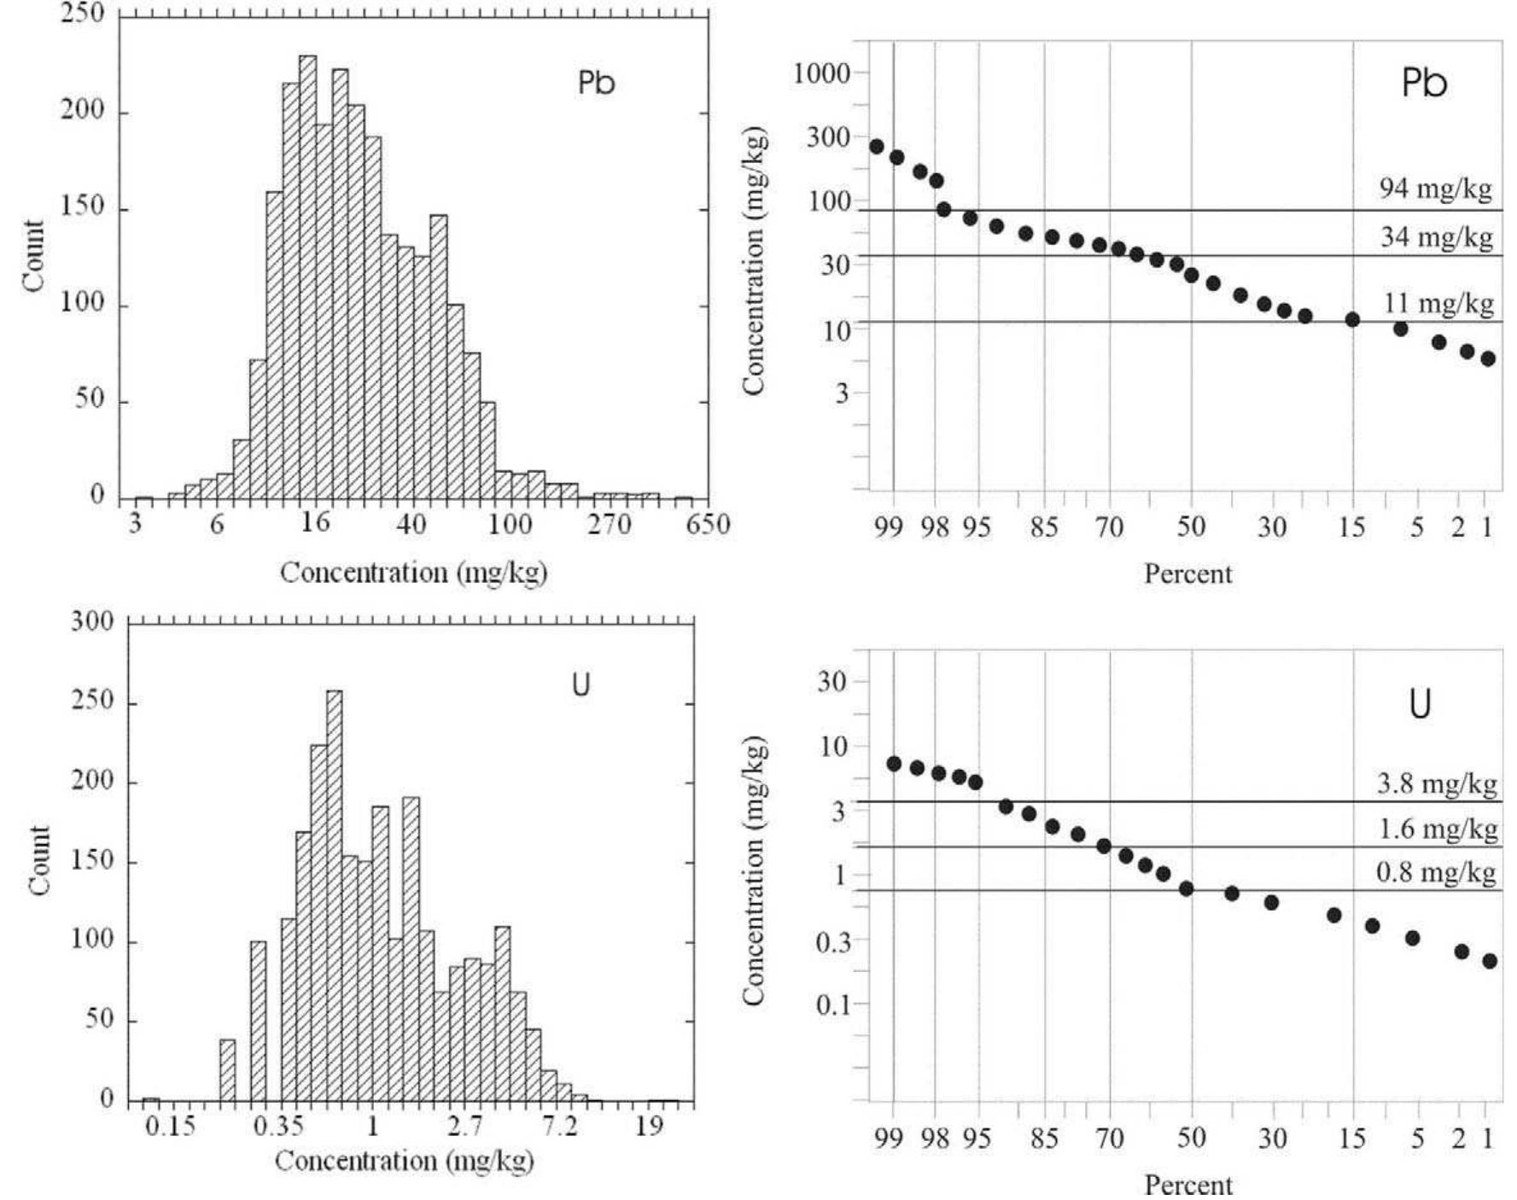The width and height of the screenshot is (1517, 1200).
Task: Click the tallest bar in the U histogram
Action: coord(335,896)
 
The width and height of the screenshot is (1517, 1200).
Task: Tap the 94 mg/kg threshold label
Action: coord(1436,188)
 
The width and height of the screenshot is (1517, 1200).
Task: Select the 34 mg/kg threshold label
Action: coord(1436,236)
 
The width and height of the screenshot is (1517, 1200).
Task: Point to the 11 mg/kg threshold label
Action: coord(1438,303)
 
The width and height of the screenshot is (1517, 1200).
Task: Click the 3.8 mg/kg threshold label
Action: coord(1437,783)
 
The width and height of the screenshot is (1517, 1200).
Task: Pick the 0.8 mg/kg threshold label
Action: coord(1436,872)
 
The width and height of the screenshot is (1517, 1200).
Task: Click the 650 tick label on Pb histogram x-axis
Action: coord(708,524)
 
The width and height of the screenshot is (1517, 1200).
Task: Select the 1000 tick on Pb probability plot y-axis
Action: coord(821,73)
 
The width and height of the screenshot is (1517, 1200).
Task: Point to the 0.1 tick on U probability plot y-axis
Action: coord(833,1005)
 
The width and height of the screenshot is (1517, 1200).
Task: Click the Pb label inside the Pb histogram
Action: coord(596,83)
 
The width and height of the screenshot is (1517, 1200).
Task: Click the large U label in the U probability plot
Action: coord(1419,705)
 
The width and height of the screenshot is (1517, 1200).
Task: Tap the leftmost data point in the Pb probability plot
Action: coord(877,147)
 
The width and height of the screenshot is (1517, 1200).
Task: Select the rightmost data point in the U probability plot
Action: coord(1490,961)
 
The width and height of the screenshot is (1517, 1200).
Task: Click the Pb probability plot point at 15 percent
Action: coord(1352,320)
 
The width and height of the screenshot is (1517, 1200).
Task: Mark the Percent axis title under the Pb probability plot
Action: coord(1187,574)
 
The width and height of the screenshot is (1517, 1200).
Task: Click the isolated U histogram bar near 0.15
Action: coord(151,1099)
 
